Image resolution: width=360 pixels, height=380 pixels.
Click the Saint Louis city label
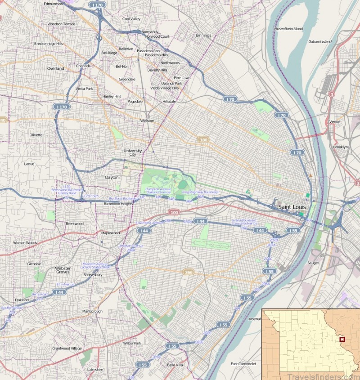pos(292,207)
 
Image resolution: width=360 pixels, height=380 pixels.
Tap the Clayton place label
pos(112,177)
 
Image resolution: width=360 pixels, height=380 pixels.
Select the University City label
pos(133,152)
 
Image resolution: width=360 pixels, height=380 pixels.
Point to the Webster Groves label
pos(63,270)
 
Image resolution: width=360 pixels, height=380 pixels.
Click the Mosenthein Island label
pos(289,29)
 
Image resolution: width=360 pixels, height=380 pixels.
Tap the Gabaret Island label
pos(320,41)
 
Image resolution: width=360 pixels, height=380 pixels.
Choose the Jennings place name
pos(203,35)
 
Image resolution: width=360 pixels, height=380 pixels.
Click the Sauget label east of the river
pos(313,262)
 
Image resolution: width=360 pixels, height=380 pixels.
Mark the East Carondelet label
pos(243,363)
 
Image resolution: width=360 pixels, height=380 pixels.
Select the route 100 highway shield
pos(174,211)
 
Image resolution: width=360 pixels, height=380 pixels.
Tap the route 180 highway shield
pos(203,140)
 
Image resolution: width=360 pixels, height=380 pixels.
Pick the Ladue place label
pos(29,164)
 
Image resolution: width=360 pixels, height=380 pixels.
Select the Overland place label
pos(56,68)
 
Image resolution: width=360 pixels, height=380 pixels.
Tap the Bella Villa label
pos(175,365)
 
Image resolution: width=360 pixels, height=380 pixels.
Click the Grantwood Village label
pos(67,348)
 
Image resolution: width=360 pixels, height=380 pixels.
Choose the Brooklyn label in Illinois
pos(341,147)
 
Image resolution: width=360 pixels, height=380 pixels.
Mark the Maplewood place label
pos(110,233)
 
